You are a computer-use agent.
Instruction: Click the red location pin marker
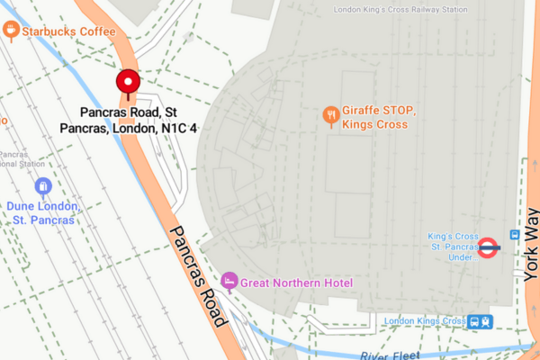(x=127, y=83)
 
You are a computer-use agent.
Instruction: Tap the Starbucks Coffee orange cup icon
(x=11, y=31)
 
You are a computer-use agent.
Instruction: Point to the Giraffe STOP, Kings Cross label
(x=378, y=117)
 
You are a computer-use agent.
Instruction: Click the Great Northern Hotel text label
(x=296, y=283)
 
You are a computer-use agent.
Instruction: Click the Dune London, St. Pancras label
(x=43, y=212)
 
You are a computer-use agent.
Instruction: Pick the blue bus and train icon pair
(x=479, y=321)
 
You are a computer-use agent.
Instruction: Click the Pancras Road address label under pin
(x=128, y=121)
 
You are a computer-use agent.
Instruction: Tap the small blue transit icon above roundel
(x=514, y=235)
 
